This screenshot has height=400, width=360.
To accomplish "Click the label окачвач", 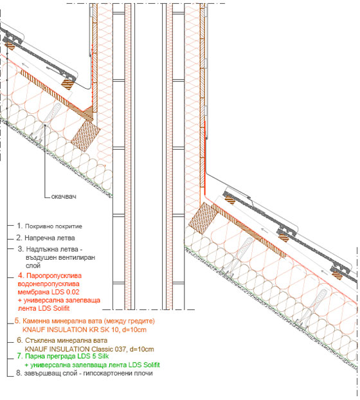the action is tap(64, 196).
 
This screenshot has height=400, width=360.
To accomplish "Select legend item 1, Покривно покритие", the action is tap(50, 226).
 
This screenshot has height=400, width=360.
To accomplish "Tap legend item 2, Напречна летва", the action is tap(46, 238).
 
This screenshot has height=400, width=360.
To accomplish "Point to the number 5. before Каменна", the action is tap(17, 321).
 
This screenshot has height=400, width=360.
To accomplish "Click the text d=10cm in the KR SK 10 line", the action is tap(134, 330).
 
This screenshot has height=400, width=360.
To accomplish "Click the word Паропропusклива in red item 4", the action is tap(54, 276).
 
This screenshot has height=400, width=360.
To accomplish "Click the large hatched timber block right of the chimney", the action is tap(203, 218).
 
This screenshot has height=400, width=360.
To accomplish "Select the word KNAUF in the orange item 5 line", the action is tap(33, 330).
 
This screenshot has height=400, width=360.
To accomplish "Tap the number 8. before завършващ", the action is tap(19, 373).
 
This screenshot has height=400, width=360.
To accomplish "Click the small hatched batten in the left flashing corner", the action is tap(68, 84).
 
